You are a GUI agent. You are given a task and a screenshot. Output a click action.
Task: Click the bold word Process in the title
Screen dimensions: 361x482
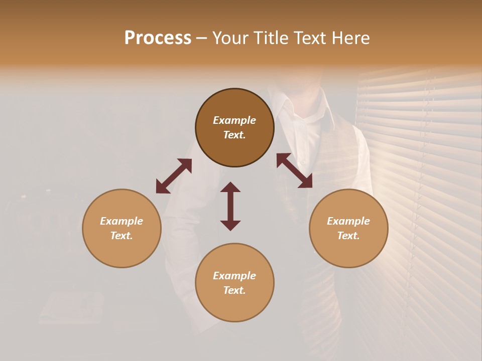pyautogui.click(x=158, y=38)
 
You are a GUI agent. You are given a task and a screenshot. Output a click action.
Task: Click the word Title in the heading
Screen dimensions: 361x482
pyautogui.click(x=272, y=38)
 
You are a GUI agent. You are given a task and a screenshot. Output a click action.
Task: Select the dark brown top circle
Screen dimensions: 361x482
pyautogui.click(x=234, y=100)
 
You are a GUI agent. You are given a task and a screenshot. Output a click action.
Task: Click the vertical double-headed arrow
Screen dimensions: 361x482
pyautogui.click(x=230, y=206)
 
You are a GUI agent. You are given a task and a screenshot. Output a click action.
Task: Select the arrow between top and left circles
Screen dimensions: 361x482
pyautogui.click(x=174, y=175)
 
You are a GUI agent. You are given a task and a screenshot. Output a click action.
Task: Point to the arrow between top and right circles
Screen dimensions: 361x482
pyautogui.click(x=294, y=170)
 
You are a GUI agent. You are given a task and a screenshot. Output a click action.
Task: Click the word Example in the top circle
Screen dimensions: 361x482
pyautogui.click(x=234, y=120)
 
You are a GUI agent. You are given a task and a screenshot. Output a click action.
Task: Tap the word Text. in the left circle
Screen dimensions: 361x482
pyautogui.click(x=122, y=236)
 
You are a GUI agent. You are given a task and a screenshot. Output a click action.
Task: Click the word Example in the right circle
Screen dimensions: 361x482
pyautogui.click(x=348, y=221)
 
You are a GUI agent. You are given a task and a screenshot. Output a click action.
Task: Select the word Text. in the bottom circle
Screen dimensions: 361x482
pyautogui.click(x=234, y=290)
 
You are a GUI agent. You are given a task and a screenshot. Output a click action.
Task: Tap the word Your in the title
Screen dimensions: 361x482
pyautogui.click(x=230, y=38)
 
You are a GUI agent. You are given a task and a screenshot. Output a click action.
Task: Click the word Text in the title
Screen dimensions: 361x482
pyautogui.click(x=310, y=38)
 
